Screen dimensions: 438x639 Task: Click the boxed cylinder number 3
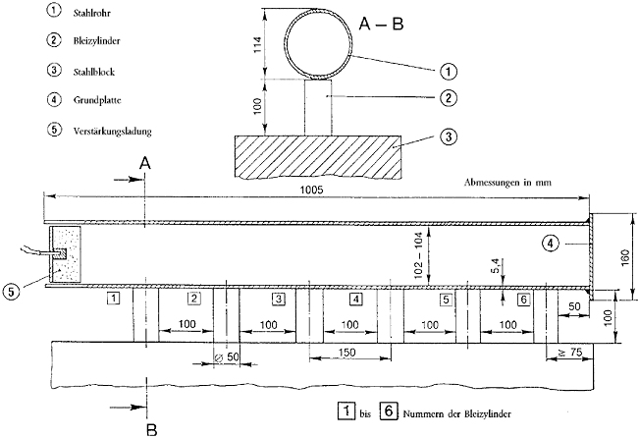(279, 299)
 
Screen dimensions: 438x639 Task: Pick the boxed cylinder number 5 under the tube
(447, 299)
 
